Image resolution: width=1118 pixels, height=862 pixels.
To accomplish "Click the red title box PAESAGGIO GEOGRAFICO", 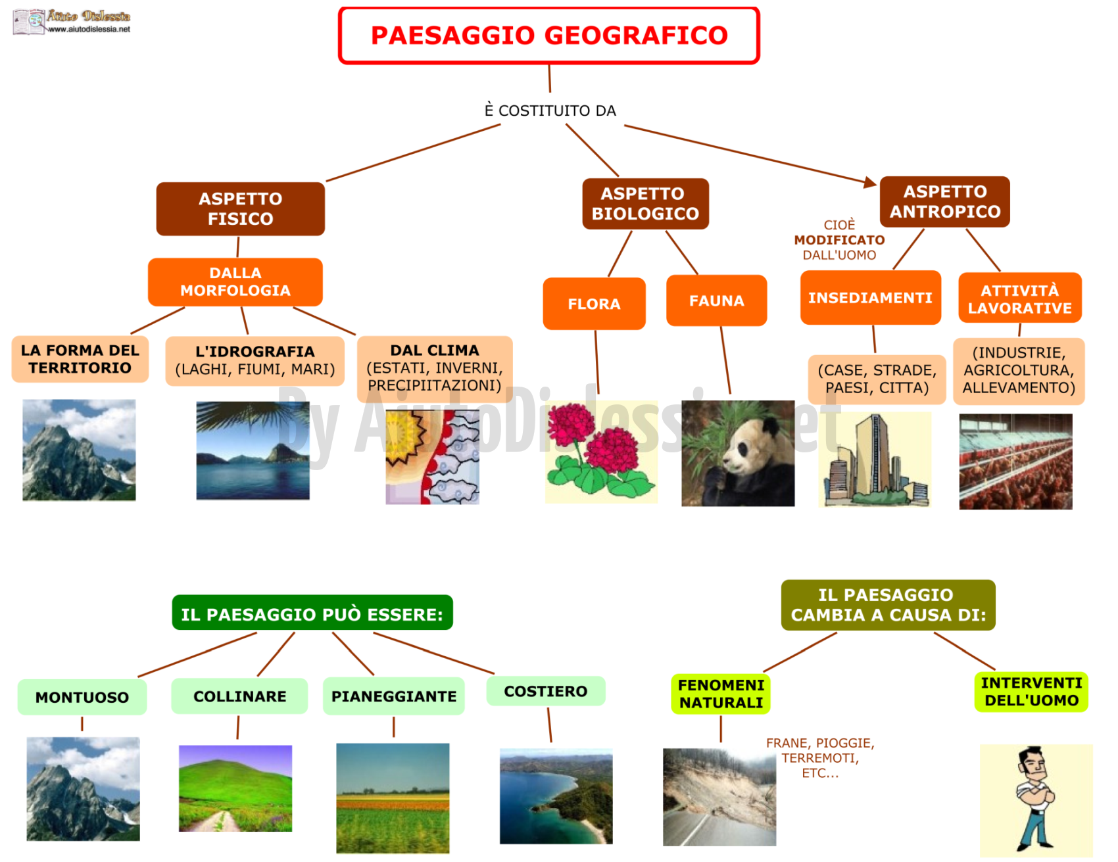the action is (x=549, y=36).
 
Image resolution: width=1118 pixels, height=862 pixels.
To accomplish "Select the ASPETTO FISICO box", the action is (x=240, y=208).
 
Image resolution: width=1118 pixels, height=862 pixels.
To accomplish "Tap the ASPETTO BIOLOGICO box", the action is (x=645, y=204).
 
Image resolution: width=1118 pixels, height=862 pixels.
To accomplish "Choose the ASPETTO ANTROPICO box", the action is (x=944, y=201).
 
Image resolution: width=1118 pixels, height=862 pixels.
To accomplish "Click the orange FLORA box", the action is (x=594, y=303).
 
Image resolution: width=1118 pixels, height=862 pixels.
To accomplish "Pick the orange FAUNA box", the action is (x=716, y=300).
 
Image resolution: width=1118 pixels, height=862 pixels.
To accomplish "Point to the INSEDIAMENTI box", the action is (x=870, y=297).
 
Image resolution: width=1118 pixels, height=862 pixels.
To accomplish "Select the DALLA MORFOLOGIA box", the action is (x=235, y=281).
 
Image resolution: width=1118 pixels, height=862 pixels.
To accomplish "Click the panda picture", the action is (x=738, y=453).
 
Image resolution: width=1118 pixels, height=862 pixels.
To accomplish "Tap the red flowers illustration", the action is (x=601, y=452).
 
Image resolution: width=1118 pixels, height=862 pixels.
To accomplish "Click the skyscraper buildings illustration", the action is (x=875, y=460).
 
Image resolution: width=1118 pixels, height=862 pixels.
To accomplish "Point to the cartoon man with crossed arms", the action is (x=1035, y=800).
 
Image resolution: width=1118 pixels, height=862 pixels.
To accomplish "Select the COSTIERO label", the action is (x=545, y=691).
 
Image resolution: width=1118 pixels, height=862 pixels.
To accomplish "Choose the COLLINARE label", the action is (x=239, y=696).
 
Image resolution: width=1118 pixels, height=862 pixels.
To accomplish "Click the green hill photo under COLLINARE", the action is (x=235, y=788).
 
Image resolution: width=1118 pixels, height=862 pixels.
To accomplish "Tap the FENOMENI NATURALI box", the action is (x=721, y=694).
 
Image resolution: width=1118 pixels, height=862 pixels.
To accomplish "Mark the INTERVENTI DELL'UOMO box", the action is (x=1031, y=692).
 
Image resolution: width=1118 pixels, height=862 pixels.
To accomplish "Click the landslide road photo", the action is (x=719, y=797).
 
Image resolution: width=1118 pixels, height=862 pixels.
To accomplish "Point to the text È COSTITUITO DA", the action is (x=550, y=110).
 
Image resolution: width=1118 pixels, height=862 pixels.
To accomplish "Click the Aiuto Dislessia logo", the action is (x=72, y=22).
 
